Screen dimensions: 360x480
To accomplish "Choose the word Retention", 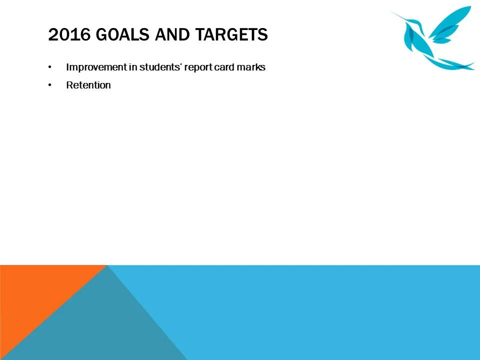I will coord(88,85).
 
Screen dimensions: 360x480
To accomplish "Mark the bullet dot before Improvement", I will coord(49,67).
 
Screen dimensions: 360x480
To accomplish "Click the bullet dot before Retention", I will coord(49,85).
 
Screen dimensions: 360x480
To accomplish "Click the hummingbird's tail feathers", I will coord(452,64).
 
